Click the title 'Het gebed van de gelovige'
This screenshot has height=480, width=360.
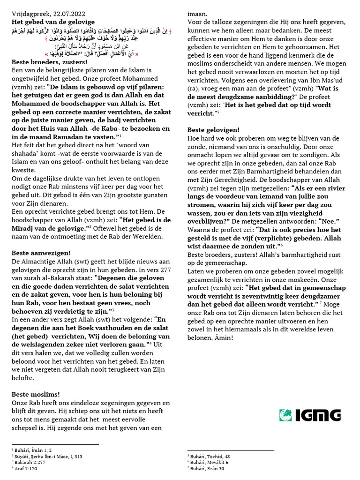click(53, 22)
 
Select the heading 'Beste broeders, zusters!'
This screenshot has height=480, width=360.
click(43, 62)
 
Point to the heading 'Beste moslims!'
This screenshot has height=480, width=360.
click(36, 394)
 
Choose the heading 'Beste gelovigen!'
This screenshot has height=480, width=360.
click(213, 129)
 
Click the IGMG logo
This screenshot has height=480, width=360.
click(310, 415)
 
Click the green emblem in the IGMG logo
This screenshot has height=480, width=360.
click(286, 415)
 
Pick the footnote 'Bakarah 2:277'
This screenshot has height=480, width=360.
click(28, 462)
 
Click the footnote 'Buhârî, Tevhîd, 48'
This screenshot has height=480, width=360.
click(210, 456)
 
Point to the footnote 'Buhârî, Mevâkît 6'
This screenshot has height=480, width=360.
click(209, 462)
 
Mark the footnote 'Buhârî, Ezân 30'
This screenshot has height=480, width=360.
click(207, 468)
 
